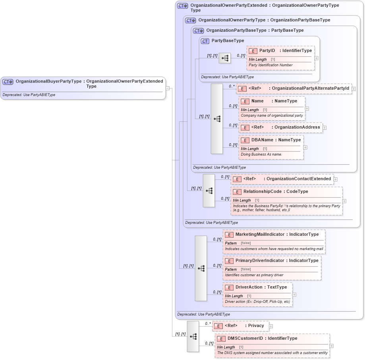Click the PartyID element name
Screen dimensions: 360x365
pos(267,51)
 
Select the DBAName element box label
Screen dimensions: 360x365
pos(262,140)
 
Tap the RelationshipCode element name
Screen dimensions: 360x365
pos(262,191)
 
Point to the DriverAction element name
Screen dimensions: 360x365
pos(249,287)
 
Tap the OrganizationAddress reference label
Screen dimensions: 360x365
pos(297,127)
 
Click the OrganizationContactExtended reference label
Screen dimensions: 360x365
pos(299,179)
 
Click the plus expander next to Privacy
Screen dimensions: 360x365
pos(271,326)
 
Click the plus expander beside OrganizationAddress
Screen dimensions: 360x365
pos(324,128)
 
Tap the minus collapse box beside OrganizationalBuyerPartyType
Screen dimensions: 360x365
pos(168,88)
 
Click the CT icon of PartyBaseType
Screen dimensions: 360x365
pos(205,41)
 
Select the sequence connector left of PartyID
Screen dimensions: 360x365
pos(225,58)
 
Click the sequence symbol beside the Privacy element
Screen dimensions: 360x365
pos(193,337)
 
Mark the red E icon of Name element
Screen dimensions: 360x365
pos(245,102)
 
